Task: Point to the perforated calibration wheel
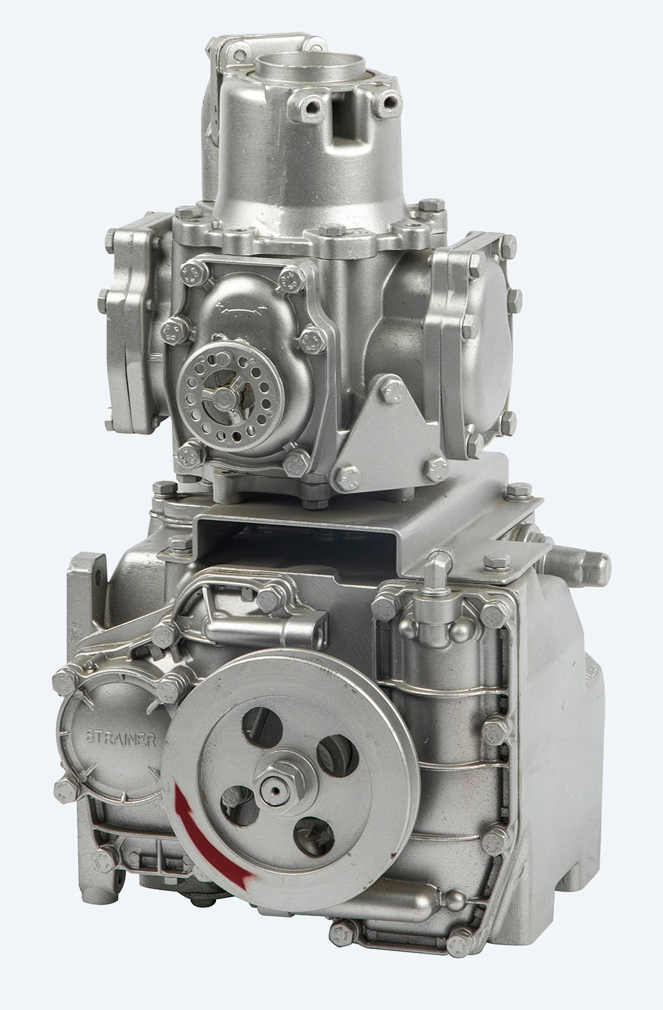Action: tap(230, 396)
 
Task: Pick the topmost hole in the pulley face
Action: tap(263, 725)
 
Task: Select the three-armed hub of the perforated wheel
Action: tap(223, 397)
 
